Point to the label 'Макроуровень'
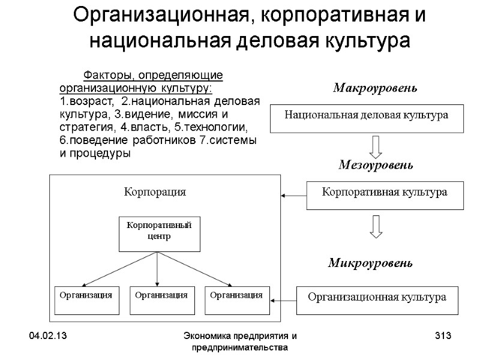(x=374, y=89)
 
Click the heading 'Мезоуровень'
(x=376, y=164)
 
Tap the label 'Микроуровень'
(x=370, y=263)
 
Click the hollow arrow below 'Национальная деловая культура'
(x=376, y=146)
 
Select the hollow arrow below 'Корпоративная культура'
(x=376, y=225)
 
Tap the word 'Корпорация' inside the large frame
(x=155, y=192)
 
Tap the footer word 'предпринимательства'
(x=239, y=347)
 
